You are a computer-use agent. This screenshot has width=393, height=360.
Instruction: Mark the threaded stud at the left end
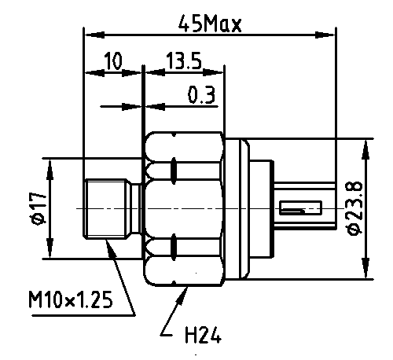(106, 209)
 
